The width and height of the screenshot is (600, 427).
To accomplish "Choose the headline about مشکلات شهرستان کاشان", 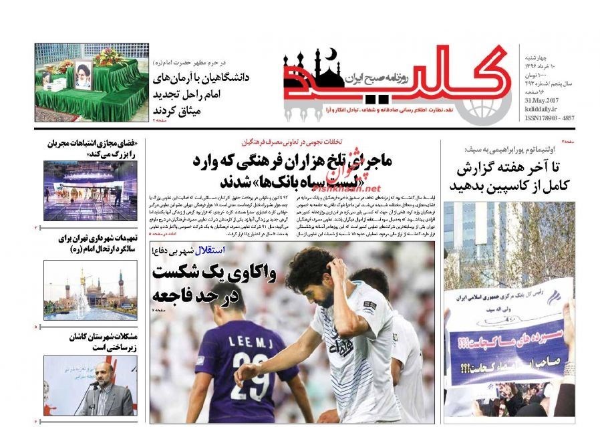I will tap(94, 342).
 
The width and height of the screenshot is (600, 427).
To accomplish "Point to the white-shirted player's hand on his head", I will tap(332, 267).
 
